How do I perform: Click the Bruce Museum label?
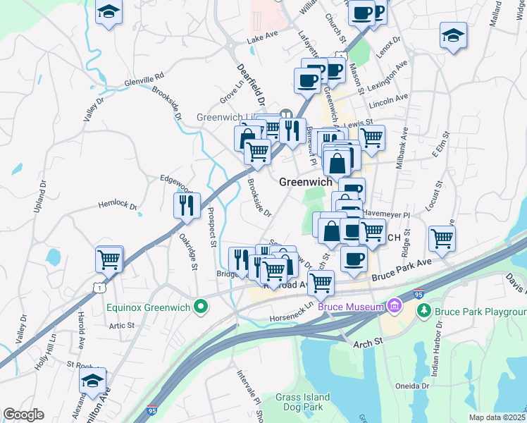click(350, 307)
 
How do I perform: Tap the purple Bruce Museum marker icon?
click(394, 307)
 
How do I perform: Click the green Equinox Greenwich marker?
click(201, 307)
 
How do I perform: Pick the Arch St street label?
click(368, 341)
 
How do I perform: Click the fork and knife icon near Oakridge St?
click(187, 204)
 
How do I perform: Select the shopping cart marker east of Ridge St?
click(442, 238)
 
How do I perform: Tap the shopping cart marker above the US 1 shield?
click(109, 259)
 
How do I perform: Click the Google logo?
click(24, 414)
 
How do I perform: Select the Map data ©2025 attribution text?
click(497, 417)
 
